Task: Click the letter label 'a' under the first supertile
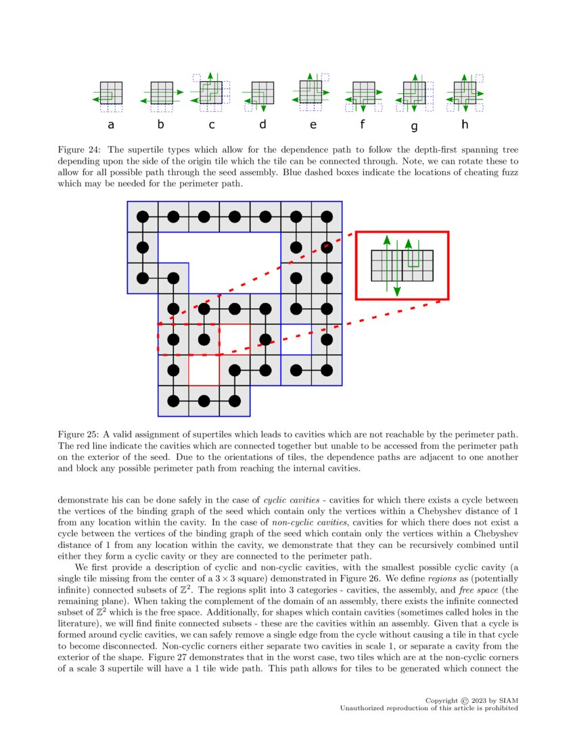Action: [111, 125]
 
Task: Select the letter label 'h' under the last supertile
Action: [465, 124]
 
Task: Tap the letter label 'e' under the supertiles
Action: [313, 124]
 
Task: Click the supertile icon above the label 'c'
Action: [211, 93]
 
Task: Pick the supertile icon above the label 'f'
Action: [363, 93]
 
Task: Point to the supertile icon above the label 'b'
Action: [162, 93]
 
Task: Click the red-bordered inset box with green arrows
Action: [402, 265]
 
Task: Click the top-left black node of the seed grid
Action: [143, 217]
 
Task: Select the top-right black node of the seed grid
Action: [327, 217]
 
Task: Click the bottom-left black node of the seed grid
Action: [173, 400]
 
